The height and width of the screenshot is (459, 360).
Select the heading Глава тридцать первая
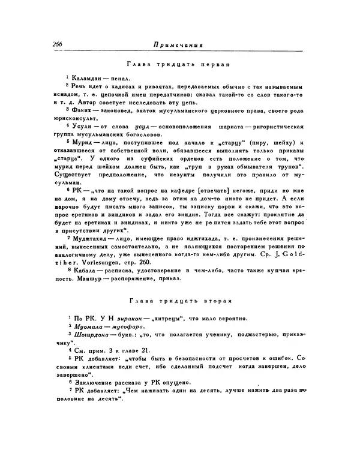click(x=179, y=65)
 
